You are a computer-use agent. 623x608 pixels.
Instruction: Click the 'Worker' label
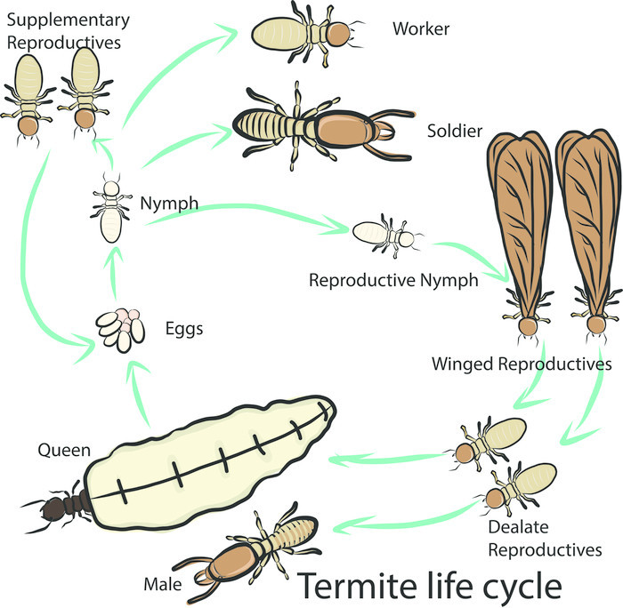click(421, 29)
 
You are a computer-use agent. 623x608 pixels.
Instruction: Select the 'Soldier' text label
click(454, 132)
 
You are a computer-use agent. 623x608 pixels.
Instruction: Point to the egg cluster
click(121, 328)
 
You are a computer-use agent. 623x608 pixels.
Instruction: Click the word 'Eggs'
click(184, 329)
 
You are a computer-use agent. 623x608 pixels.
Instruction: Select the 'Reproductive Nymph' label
click(393, 280)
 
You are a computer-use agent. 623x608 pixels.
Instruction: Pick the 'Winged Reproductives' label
click(522, 364)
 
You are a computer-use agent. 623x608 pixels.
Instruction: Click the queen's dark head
click(56, 508)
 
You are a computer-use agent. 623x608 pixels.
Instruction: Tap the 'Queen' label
click(63, 451)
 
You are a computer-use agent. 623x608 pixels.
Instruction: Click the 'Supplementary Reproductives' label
click(66, 29)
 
